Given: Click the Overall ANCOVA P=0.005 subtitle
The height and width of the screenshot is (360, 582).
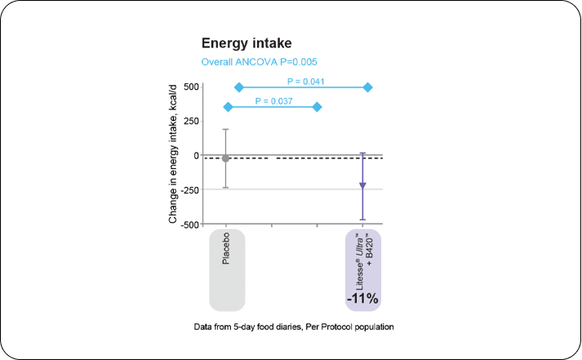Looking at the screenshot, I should point(259,62).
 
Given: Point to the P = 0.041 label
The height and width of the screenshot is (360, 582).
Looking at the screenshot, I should point(307,81).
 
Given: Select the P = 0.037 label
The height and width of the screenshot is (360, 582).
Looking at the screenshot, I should point(274,100).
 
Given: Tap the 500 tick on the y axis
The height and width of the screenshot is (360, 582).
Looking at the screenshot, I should point(191,87).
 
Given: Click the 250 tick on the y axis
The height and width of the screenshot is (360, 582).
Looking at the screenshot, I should point(191,121).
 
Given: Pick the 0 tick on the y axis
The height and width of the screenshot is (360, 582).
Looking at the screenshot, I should point(196,155).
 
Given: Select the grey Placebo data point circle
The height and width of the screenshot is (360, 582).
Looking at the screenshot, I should point(226,158).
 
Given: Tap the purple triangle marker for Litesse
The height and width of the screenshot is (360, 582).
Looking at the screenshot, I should point(362,186).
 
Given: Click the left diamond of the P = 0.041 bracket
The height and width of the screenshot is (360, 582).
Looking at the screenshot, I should point(239,87).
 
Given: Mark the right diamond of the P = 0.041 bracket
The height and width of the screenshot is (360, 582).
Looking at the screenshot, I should point(368,87).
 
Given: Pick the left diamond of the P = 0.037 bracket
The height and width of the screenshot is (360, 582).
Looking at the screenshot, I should point(228,107).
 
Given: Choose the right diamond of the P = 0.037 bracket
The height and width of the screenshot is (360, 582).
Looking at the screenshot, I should point(318,107).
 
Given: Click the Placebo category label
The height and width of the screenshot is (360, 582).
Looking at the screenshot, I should point(226,250).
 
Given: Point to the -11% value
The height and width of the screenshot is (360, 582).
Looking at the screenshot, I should point(362,299).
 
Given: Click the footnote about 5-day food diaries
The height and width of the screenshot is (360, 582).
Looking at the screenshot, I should point(294,327).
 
